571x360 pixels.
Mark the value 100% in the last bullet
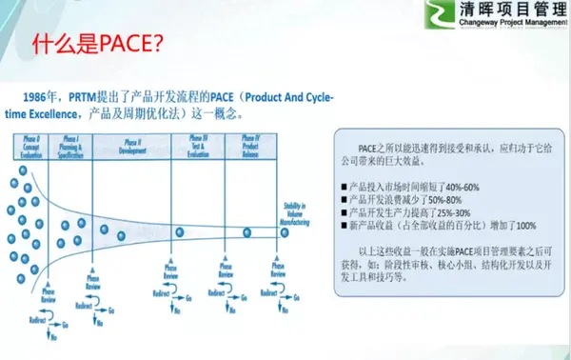(x=525, y=225)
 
